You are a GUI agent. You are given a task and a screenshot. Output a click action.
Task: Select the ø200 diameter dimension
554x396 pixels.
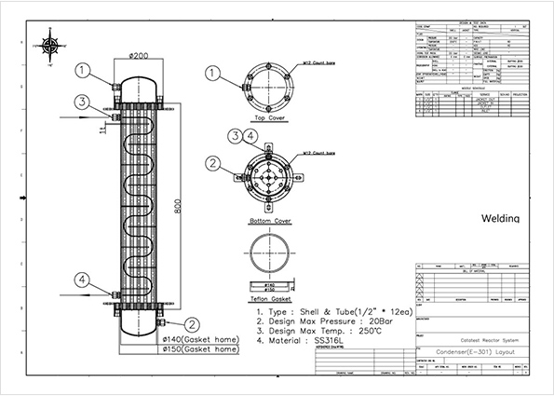point(140,57)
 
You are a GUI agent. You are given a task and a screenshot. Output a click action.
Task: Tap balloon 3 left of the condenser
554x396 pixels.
point(83,102)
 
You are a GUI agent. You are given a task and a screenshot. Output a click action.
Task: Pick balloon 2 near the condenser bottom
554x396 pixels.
point(192,324)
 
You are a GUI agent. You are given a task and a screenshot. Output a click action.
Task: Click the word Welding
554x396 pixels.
point(507,218)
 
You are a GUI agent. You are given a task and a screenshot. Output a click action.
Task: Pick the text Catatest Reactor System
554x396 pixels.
point(474,342)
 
